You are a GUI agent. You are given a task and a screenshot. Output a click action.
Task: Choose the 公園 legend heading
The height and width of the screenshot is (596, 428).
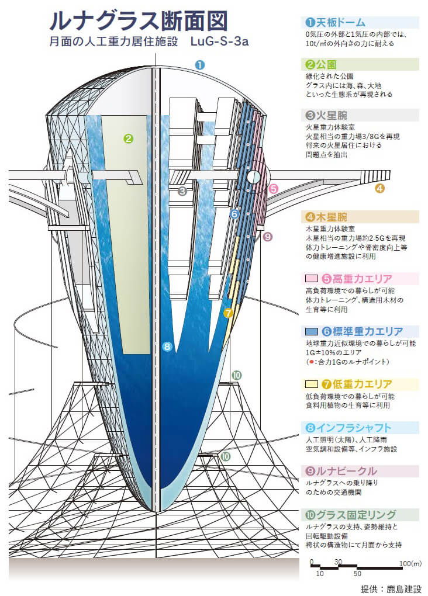coord(323,64)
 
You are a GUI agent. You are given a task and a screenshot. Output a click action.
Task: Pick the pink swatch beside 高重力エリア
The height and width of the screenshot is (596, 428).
coord(311,279)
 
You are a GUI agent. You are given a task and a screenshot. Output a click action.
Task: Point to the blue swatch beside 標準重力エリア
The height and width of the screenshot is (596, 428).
coord(311,331)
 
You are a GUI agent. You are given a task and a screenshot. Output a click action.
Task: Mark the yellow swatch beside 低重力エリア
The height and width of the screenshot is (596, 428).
coord(311,384)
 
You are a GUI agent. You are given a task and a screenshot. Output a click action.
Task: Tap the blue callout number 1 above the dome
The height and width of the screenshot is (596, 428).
coord(199,65)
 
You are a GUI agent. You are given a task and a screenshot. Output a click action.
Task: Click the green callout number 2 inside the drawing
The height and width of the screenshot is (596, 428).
coord(129,138)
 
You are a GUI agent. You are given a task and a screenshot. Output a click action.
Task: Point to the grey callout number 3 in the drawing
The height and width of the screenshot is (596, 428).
coord(182,191)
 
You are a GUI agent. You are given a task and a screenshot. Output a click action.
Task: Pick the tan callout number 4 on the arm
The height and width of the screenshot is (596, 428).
coord(379,188)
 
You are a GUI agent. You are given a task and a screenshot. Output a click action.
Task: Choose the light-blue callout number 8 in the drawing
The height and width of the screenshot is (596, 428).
coord(167,346)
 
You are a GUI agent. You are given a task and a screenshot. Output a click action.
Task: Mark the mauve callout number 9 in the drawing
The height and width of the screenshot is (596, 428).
coord(268,237)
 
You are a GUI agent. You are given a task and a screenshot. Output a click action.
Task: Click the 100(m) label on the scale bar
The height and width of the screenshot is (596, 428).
coord(409,563)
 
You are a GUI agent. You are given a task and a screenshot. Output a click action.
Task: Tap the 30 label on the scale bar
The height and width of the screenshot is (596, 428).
coord(338,562)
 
